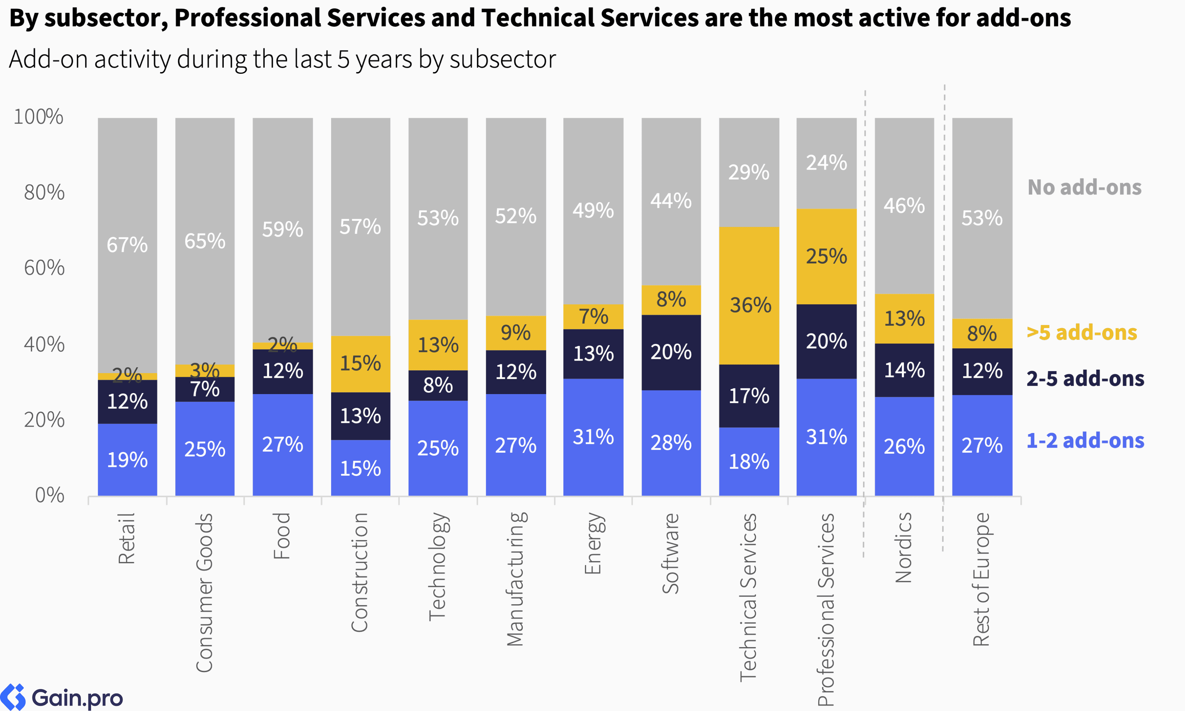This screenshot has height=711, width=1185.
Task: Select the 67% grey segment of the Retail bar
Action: tap(127, 245)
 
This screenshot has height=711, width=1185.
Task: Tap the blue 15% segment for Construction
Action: tap(360, 468)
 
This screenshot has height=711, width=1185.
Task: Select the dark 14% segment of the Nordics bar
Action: tap(904, 370)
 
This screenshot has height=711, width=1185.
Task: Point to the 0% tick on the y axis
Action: tap(50, 495)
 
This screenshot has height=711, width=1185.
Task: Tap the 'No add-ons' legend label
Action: tap(1084, 187)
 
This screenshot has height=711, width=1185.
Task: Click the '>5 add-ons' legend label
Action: tap(1081, 332)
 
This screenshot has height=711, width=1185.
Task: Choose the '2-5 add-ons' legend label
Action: tap(1085, 379)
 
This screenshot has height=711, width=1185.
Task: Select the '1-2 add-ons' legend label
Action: tap(1085, 440)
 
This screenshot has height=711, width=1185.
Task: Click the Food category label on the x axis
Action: tap(282, 536)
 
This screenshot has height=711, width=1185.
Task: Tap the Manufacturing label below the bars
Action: tap(515, 579)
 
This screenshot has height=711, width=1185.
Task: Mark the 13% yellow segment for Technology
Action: tap(438, 345)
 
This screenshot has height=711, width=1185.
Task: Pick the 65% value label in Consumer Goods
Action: tap(205, 241)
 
